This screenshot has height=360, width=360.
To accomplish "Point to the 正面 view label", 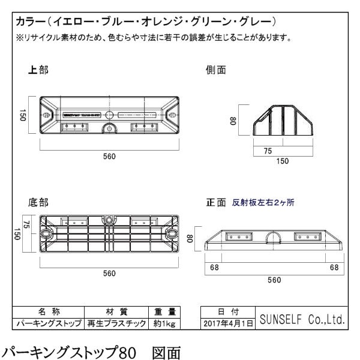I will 214,203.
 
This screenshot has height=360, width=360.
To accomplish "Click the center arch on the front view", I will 275,236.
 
